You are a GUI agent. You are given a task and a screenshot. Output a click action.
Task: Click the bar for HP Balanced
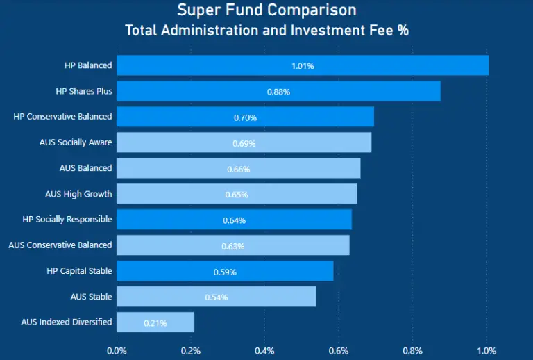click(303, 65)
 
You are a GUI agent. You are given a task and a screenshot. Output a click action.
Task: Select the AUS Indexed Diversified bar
click(155, 322)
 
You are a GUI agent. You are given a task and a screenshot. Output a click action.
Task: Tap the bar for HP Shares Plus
click(278, 91)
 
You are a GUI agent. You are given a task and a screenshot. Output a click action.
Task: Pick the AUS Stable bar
click(216, 297)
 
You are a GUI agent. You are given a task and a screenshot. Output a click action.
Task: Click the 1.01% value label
click(303, 66)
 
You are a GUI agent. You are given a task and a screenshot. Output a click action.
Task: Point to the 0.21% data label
click(155, 323)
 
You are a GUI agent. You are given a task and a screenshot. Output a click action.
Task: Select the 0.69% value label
click(244, 143)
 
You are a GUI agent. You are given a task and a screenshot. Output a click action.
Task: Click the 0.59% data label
click(225, 272)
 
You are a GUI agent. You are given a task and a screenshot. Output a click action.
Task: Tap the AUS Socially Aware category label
click(76, 142)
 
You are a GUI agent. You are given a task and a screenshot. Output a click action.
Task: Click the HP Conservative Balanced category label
click(62, 117)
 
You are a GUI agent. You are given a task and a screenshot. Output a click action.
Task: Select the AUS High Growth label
click(78, 194)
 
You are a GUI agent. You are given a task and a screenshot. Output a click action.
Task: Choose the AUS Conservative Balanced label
click(60, 245)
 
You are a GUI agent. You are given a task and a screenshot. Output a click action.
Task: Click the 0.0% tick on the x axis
click(117, 351)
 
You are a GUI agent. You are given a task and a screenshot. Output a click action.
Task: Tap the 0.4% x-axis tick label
click(264, 351)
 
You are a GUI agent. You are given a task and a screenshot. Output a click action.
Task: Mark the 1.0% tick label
click(487, 351)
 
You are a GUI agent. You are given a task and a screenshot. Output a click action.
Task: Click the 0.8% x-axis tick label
click(412, 351)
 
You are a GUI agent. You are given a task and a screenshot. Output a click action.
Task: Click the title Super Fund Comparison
click(266, 10)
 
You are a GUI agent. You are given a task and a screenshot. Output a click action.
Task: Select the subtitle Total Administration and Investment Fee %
click(266, 31)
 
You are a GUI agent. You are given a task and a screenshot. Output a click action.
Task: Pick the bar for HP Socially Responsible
click(234, 220)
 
